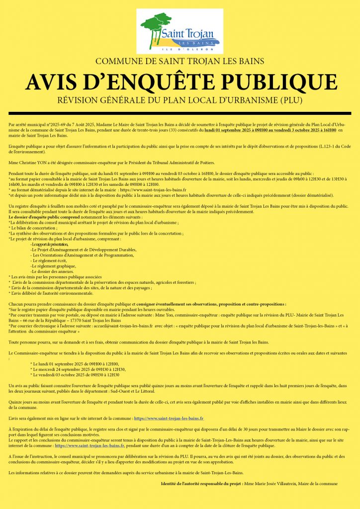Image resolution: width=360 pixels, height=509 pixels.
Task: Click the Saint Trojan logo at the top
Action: [180, 33]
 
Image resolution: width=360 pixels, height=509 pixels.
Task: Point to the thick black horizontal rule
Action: [180, 113]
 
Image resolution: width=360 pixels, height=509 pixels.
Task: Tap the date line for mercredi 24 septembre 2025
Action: [78, 369]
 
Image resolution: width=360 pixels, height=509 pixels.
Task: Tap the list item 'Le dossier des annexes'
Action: [52, 271]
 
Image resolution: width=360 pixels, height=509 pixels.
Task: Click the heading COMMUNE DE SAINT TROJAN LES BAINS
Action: [180, 62]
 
